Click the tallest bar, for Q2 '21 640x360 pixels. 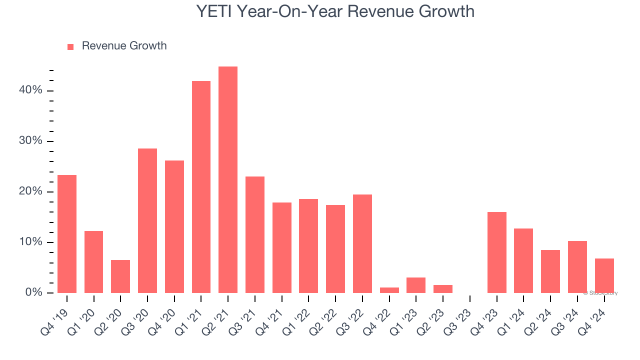pos(228,180)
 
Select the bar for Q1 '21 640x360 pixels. pos(201,187)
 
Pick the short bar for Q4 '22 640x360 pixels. pos(389,290)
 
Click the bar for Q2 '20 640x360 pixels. pos(120,276)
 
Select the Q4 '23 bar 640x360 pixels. pos(497,252)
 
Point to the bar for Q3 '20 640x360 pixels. pos(147,220)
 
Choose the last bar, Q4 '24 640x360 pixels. pos(604,275)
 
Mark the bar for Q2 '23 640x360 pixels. pos(443,289)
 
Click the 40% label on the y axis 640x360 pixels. pos(30,90)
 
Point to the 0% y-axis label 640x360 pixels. pos(33,292)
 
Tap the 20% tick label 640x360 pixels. pos(30,191)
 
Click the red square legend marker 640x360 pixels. pos(70,46)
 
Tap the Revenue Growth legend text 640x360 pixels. pos(124,46)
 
